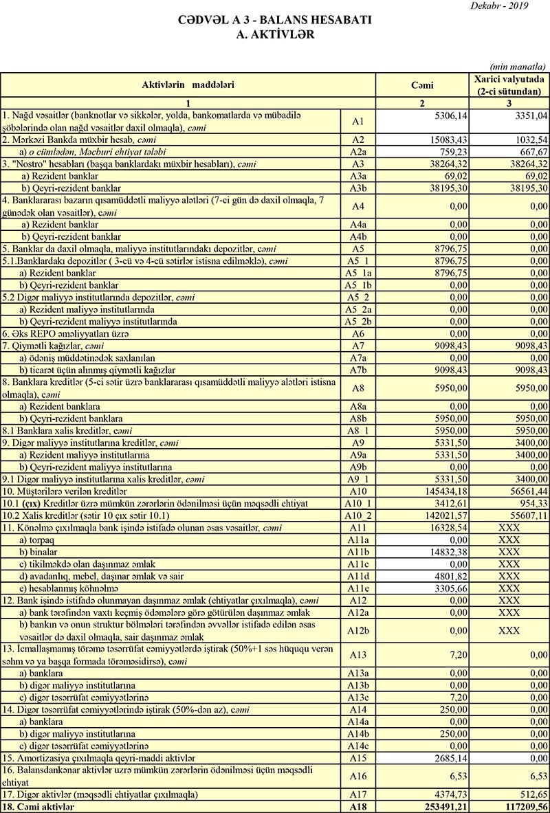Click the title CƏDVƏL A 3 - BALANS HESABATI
[x=274, y=21]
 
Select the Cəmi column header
[x=420, y=85]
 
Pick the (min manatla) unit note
[x=518, y=67]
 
